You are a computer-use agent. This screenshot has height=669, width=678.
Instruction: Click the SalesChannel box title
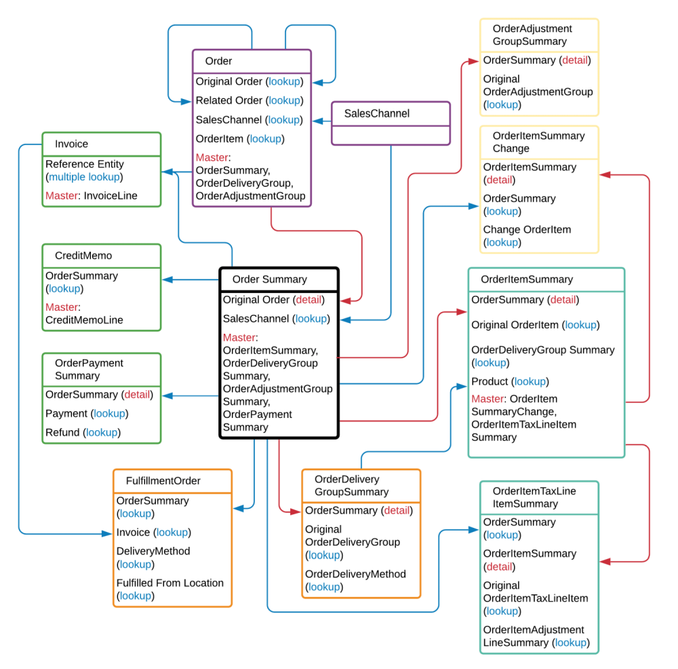(376, 114)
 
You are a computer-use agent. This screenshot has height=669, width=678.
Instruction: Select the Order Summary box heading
(269, 279)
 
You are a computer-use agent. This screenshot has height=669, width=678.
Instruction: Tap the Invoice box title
(71, 144)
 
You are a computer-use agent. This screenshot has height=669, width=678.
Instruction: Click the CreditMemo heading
(83, 256)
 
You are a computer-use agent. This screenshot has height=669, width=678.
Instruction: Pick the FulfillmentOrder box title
(163, 481)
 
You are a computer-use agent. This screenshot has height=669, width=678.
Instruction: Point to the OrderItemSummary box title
(526, 279)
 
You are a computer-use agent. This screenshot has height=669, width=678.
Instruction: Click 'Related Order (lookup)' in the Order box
(248, 100)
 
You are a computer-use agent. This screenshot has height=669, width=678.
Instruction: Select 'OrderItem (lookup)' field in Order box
(239, 139)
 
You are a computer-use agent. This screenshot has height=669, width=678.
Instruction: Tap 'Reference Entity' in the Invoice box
(85, 164)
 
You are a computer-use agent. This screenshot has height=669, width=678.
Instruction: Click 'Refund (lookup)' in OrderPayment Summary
(82, 432)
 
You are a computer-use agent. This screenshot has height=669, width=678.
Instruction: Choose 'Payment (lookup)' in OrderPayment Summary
(86, 413)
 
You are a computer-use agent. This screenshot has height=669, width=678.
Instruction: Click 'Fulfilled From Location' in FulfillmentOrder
(169, 583)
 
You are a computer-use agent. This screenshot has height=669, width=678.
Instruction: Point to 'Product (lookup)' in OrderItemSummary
(510, 381)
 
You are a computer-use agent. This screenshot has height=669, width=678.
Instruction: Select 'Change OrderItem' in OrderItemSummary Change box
(527, 229)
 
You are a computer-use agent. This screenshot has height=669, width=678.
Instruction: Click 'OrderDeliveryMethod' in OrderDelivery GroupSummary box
(355, 574)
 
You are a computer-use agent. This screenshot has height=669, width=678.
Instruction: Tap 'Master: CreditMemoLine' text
(83, 313)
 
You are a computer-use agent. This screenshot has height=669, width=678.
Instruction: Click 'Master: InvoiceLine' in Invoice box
(92, 195)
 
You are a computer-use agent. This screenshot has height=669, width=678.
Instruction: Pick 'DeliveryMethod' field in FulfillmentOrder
(153, 551)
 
